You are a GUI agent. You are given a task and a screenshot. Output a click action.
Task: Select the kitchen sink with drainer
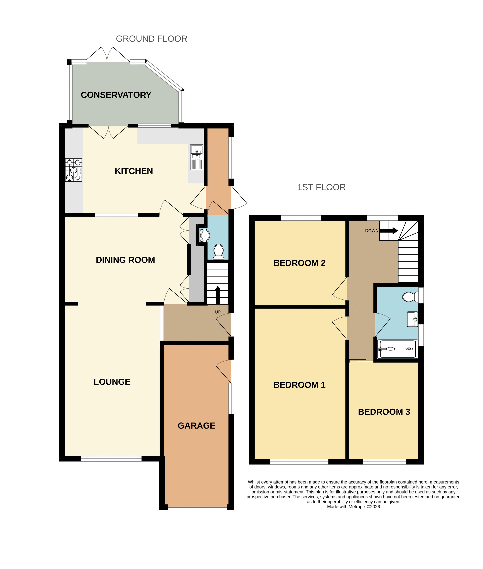pyautogui.click(x=197, y=157)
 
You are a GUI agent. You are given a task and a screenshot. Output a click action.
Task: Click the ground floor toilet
pyautogui.click(x=218, y=252)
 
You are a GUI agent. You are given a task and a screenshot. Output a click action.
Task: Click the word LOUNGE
pyautogui.click(x=112, y=382)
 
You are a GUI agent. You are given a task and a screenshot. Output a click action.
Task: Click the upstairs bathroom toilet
pyautogui.click(x=410, y=297)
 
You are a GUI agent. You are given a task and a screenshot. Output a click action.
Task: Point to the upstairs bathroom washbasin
pyautogui.click(x=412, y=319)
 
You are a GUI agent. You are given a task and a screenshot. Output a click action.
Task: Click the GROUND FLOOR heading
pyautogui.click(x=151, y=39)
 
